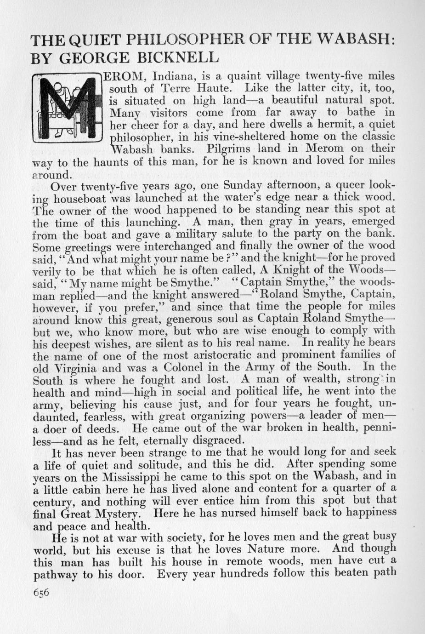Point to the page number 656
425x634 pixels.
tap(41, 592)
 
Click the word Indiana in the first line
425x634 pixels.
tap(173, 76)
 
